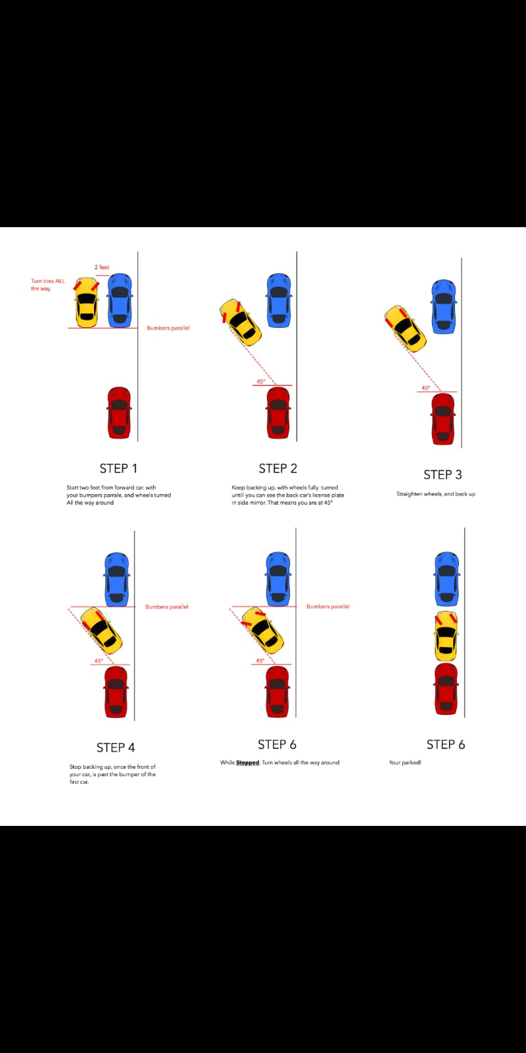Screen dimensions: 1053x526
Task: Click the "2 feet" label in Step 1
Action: point(102,267)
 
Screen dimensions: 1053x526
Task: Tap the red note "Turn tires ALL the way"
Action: point(47,285)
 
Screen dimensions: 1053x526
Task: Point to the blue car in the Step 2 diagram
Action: point(279,300)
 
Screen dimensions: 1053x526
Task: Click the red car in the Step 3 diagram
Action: point(442,419)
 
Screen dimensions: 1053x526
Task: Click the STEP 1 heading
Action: point(118,469)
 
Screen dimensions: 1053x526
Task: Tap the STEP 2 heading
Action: point(277,469)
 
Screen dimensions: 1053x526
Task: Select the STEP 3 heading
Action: point(442,475)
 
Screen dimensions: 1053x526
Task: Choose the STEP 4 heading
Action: point(116,748)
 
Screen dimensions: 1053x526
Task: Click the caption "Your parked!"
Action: point(405,763)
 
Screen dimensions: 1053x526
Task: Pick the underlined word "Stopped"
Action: point(248,763)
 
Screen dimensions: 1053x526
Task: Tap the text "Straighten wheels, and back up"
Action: point(435,494)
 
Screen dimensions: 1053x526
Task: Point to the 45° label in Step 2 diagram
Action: point(261,382)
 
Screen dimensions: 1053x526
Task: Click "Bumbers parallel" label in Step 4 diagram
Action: point(166,607)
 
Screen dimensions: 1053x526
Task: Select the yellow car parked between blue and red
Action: point(446,636)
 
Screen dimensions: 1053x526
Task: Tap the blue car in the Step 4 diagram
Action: point(116,578)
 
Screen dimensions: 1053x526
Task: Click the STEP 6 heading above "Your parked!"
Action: point(445,744)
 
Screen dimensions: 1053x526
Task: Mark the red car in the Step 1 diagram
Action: point(119,413)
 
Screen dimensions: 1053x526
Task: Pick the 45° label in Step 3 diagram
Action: point(426,388)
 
